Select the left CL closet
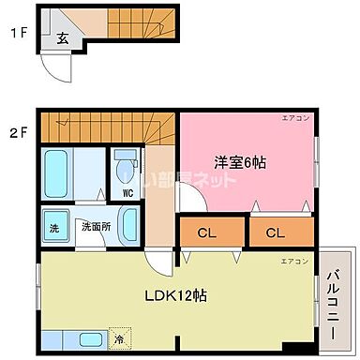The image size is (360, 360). click(208, 231)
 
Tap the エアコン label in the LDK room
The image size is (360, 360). click(293, 260)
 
